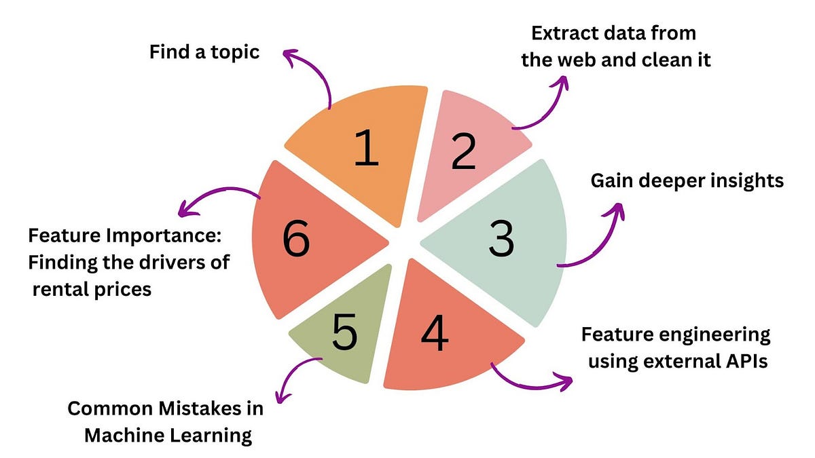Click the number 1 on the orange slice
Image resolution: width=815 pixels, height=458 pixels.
click(366, 150)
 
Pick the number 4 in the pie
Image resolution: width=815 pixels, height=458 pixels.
click(434, 332)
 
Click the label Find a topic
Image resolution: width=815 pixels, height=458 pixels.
click(204, 52)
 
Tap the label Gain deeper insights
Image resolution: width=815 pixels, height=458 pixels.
click(687, 180)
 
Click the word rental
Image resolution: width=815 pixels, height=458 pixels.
click(62, 289)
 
